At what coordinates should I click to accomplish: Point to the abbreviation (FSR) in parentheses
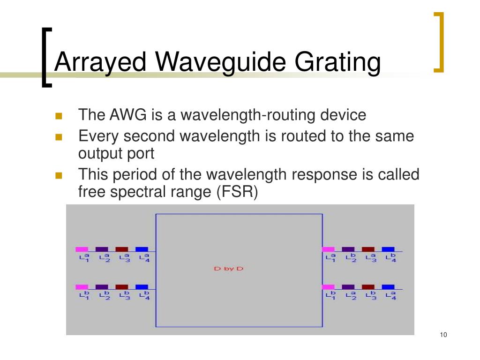tap(237, 193)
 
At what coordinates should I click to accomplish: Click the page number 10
tap(443, 334)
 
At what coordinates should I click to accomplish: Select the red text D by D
tap(229, 269)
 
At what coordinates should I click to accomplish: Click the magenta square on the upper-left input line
tap(82, 249)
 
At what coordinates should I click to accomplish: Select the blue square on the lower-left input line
tap(142, 287)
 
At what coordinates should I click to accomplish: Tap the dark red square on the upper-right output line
tap(368, 249)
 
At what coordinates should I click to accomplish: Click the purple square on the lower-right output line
tap(348, 287)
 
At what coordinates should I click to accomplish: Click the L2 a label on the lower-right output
tap(351, 295)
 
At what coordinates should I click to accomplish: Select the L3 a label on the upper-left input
tap(124, 257)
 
